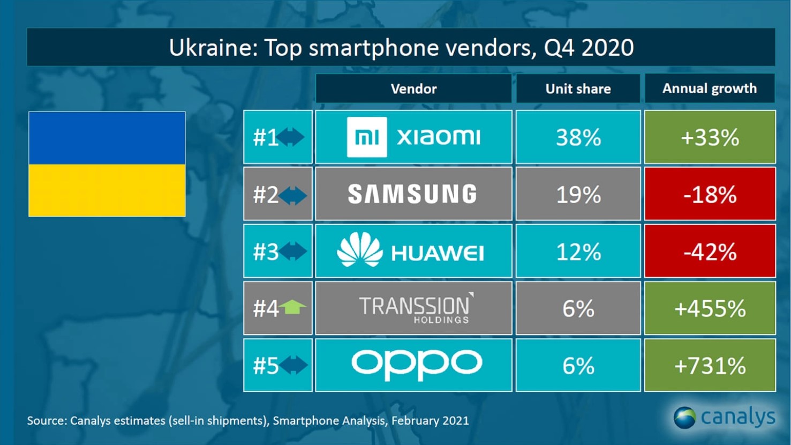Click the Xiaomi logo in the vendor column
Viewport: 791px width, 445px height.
point(413,137)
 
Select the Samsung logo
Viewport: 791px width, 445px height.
point(412,194)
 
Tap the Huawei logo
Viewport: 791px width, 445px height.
point(411,251)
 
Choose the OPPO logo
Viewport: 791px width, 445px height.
point(416,365)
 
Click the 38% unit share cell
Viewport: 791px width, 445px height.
point(578,138)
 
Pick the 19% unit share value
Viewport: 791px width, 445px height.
point(578,195)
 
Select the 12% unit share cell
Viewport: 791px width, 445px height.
point(578,251)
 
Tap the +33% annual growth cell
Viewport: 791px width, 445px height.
point(710,138)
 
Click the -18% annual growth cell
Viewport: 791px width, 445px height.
point(710,195)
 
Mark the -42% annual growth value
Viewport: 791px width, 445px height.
point(710,251)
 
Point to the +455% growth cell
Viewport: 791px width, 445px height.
point(710,309)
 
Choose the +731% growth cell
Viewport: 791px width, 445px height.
point(710,366)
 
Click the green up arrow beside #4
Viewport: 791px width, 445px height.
point(293,307)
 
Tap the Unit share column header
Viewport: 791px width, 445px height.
point(578,88)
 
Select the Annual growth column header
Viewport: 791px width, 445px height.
point(710,88)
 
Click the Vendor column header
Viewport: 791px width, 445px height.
point(413,88)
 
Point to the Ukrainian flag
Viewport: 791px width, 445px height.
point(107,164)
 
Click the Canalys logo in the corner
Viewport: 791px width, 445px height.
point(724,417)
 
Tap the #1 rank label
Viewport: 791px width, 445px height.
point(266,138)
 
